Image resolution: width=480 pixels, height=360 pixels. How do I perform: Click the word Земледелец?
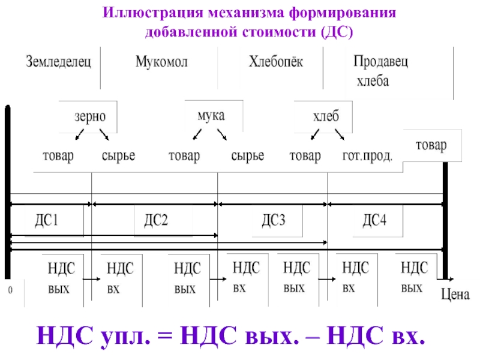(58, 62)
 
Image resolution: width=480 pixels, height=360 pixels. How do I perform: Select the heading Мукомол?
(158, 62)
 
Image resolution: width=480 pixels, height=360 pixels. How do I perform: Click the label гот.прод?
(367, 157)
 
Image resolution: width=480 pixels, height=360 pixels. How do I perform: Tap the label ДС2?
(155, 221)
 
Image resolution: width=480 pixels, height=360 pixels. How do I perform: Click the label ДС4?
(374, 220)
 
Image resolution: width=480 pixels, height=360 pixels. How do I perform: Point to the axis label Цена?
(455, 294)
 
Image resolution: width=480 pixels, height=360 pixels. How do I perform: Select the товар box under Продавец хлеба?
(431, 146)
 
